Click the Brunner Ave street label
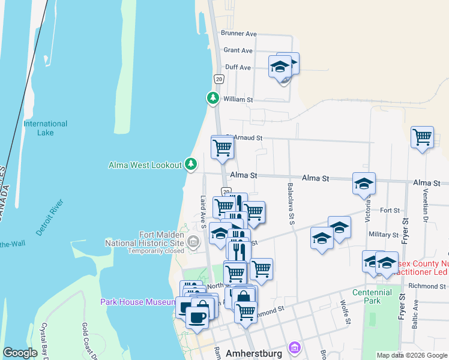238,34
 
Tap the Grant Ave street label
238,50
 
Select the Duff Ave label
237,67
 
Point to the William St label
238,99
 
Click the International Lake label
45,128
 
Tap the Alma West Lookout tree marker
191,163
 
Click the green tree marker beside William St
212,97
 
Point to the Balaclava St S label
290,204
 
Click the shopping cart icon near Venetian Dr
423,137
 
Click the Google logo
20,353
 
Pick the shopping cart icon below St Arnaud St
222,146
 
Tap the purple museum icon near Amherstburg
294,347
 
